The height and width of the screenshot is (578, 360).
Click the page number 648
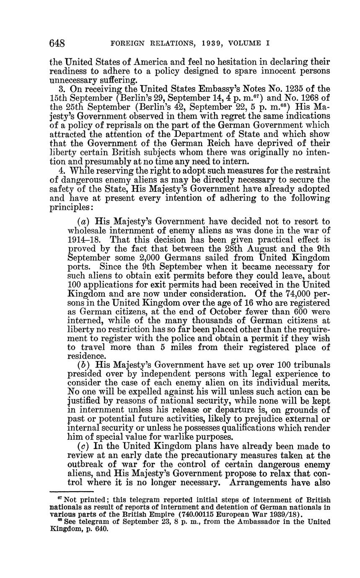tap(59, 43)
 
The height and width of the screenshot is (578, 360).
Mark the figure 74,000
tap(291, 294)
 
